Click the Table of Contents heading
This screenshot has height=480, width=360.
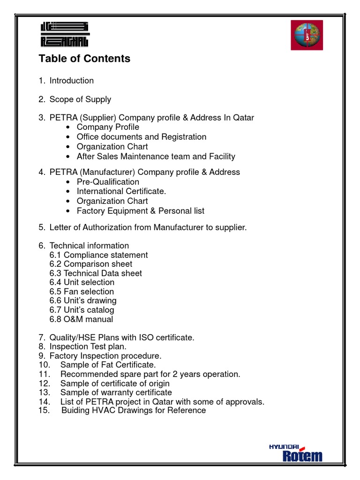tap(84, 59)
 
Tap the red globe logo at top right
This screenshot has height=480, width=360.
tap(307, 35)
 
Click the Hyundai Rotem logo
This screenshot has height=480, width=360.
tap(295, 452)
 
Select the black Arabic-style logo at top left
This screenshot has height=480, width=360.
tap(64, 35)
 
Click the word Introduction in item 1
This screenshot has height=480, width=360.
tap(72, 81)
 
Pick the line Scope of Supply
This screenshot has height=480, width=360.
tap(80, 99)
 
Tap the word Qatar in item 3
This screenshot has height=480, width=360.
tap(243, 118)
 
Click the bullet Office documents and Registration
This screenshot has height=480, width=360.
tap(141, 137)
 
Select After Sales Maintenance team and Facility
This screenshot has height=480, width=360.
tap(156, 157)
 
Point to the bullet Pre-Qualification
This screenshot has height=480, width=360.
tap(108, 182)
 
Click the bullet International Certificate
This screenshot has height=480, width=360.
tap(121, 191)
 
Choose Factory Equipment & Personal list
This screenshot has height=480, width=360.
tap(140, 211)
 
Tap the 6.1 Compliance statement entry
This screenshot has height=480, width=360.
tap(98, 255)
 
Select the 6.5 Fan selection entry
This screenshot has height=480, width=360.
tap(82, 292)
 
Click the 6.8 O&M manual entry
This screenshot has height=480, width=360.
tap(81, 319)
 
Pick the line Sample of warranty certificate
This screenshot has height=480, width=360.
tap(116, 392)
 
